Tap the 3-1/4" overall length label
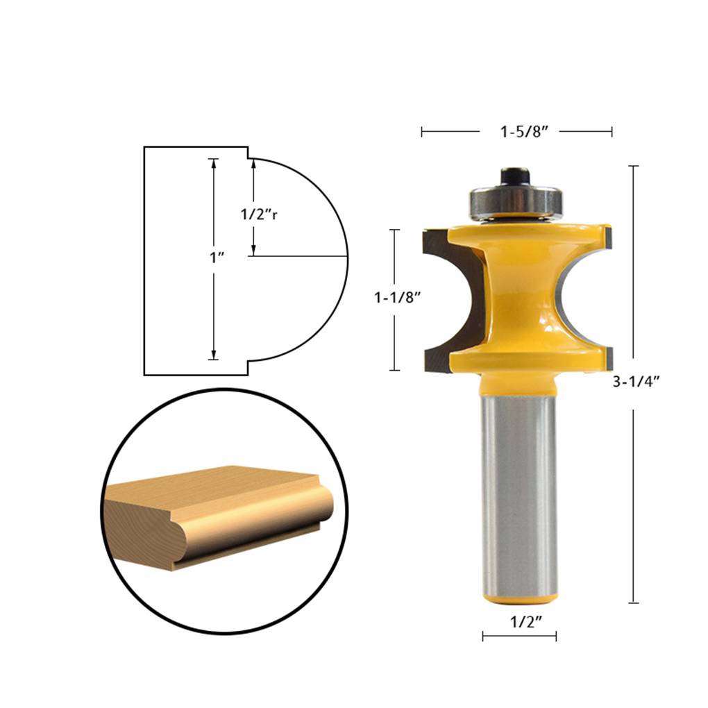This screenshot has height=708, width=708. click(634, 380)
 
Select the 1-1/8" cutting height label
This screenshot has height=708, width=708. click(398, 297)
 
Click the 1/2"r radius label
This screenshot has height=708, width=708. click(259, 214)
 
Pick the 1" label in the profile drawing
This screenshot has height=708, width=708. click(217, 258)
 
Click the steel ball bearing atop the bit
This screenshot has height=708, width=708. click(516, 201)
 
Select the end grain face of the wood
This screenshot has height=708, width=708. click(139, 528)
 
